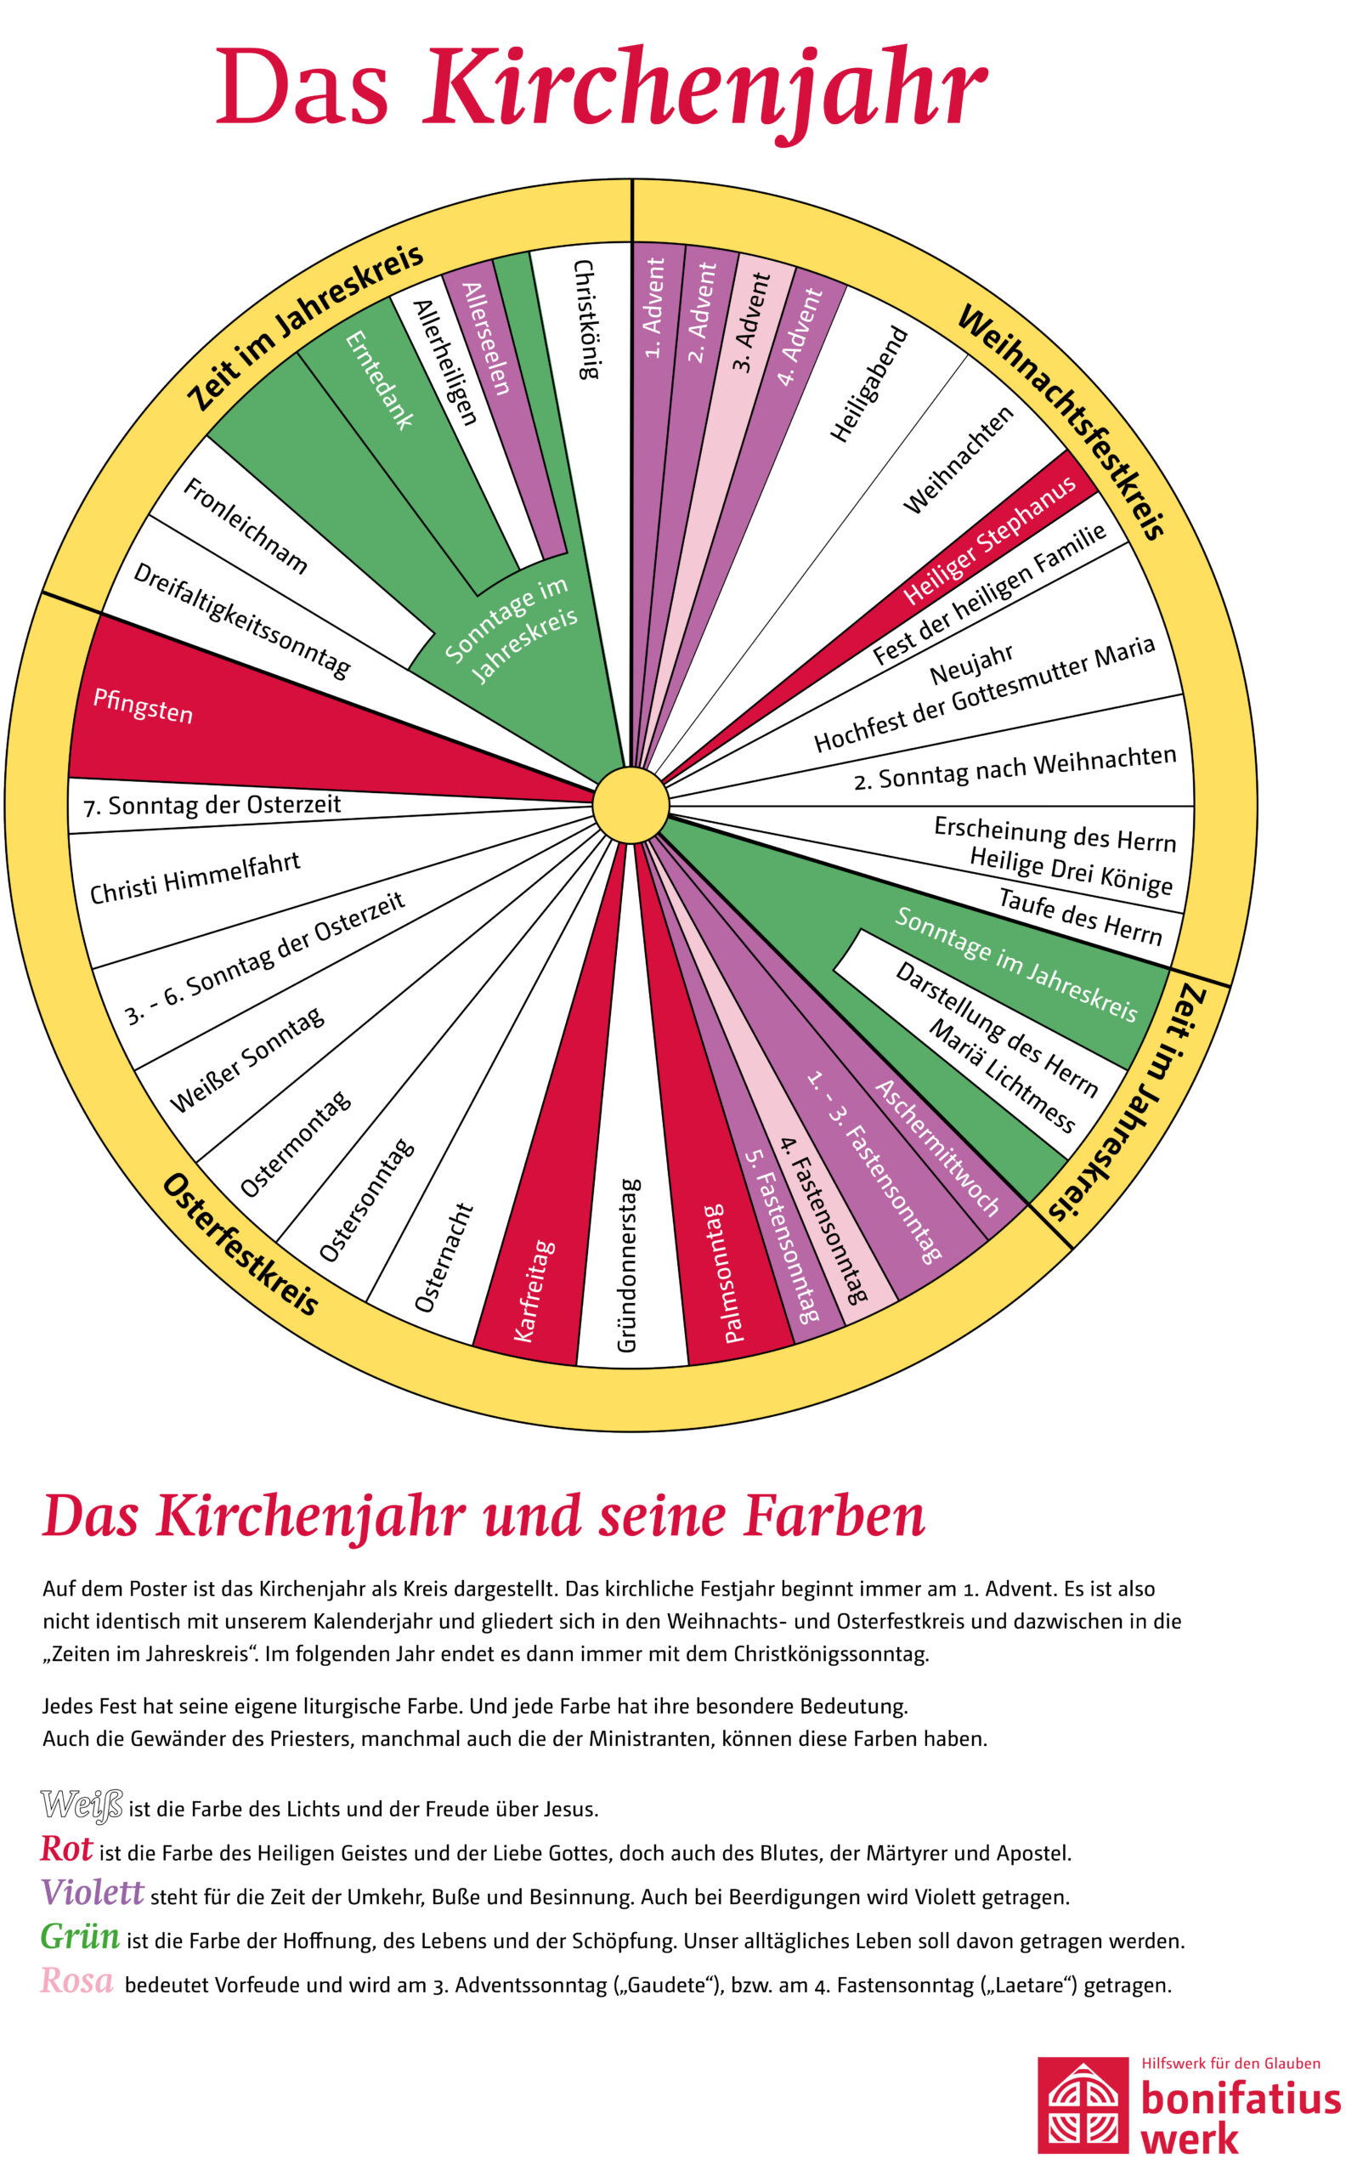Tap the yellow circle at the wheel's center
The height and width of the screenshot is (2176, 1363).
[631, 805]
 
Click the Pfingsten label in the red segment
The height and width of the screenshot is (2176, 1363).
[144, 706]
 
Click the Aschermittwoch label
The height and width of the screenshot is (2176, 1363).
[936, 1147]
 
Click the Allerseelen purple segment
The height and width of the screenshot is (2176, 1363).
[486, 339]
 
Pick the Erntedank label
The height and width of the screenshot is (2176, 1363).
[380, 380]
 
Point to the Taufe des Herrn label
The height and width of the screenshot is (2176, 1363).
[1080, 917]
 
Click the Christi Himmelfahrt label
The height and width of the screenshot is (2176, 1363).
[195, 877]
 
